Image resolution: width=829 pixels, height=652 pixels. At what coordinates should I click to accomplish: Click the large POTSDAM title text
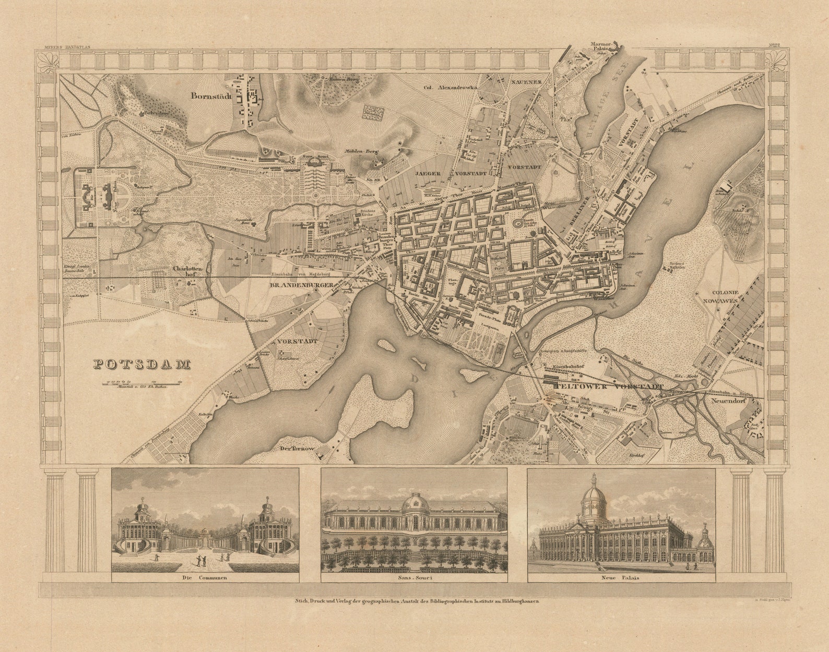tap(141, 365)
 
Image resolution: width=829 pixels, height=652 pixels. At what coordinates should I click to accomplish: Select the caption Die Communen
tap(205, 578)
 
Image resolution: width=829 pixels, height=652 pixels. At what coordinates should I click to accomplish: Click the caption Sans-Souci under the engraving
tap(414, 578)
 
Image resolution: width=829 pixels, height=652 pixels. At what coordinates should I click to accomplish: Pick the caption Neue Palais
tap(621, 578)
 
